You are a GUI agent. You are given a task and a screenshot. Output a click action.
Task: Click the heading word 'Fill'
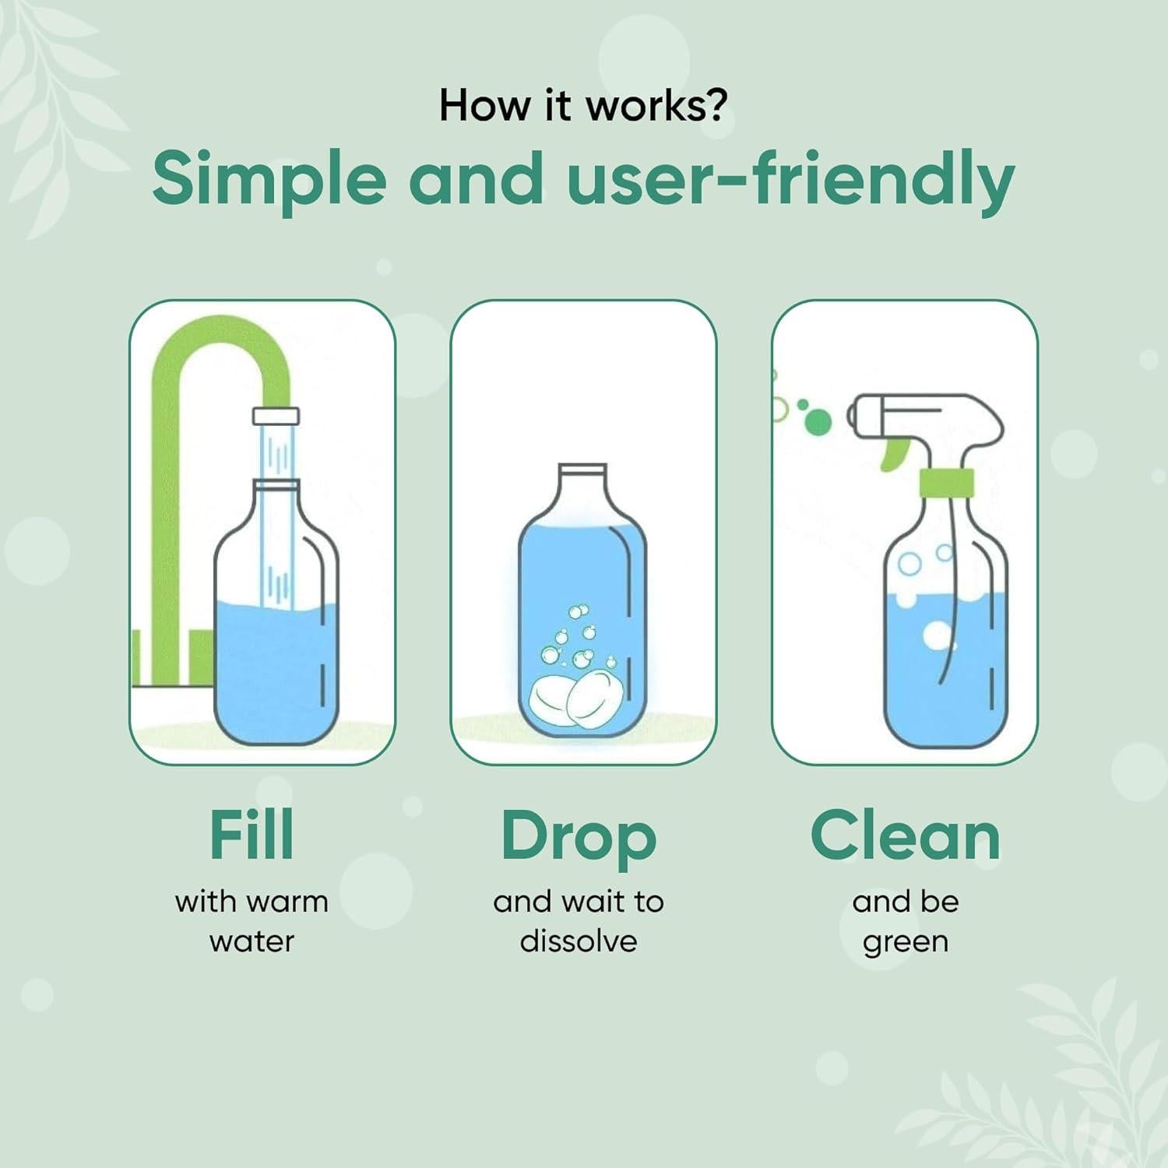tap(252, 835)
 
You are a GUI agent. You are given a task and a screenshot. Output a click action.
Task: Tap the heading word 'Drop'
tap(579, 838)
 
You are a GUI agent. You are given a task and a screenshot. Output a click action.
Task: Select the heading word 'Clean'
tap(905, 836)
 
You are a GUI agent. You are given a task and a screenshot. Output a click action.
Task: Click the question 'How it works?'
tap(582, 105)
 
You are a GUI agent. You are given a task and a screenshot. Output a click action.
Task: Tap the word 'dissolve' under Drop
tap(579, 941)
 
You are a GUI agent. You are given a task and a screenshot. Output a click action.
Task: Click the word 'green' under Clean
tap(906, 942)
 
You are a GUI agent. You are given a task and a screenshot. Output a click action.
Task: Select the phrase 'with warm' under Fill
tap(252, 902)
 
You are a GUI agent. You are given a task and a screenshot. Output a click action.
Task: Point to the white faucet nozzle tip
tap(276, 417)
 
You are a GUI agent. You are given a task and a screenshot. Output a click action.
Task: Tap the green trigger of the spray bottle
tap(892, 455)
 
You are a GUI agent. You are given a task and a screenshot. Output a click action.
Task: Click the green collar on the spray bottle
tap(946, 482)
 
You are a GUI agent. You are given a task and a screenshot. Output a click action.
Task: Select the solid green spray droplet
tap(818, 422)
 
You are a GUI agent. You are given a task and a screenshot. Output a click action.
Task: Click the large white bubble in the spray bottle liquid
tap(937, 635)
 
